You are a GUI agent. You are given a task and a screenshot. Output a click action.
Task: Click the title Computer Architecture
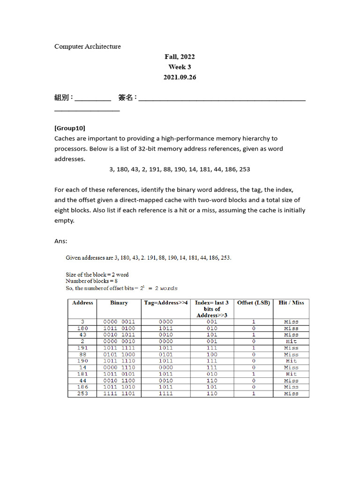coord(88,46)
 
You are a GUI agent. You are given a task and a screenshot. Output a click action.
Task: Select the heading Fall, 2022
coord(180,57)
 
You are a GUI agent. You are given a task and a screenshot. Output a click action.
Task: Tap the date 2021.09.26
coord(180,77)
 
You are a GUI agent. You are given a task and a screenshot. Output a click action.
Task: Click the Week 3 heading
coord(180,67)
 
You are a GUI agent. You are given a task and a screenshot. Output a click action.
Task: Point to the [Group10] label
coord(70,128)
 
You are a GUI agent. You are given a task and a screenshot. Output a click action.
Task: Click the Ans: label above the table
coord(61,241)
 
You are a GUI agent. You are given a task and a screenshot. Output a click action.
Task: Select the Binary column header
coord(119,303)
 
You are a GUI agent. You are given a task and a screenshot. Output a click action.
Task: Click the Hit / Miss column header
coord(291,303)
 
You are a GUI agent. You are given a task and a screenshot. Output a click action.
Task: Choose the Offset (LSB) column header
coord(254,303)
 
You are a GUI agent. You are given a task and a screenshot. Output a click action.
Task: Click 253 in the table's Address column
coord(82,394)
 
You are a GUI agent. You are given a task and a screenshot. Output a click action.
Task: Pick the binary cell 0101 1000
coord(119,354)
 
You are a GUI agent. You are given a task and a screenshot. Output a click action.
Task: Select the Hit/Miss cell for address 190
coord(291,361)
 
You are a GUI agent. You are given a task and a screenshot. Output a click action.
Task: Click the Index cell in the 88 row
coord(212,354)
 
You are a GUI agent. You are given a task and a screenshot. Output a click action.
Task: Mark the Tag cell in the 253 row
coord(166,394)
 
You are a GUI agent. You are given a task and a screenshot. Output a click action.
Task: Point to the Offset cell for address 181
coord(254,374)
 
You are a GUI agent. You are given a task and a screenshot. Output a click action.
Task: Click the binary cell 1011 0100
coord(119,329)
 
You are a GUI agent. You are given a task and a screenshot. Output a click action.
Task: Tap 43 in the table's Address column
coord(82,335)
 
